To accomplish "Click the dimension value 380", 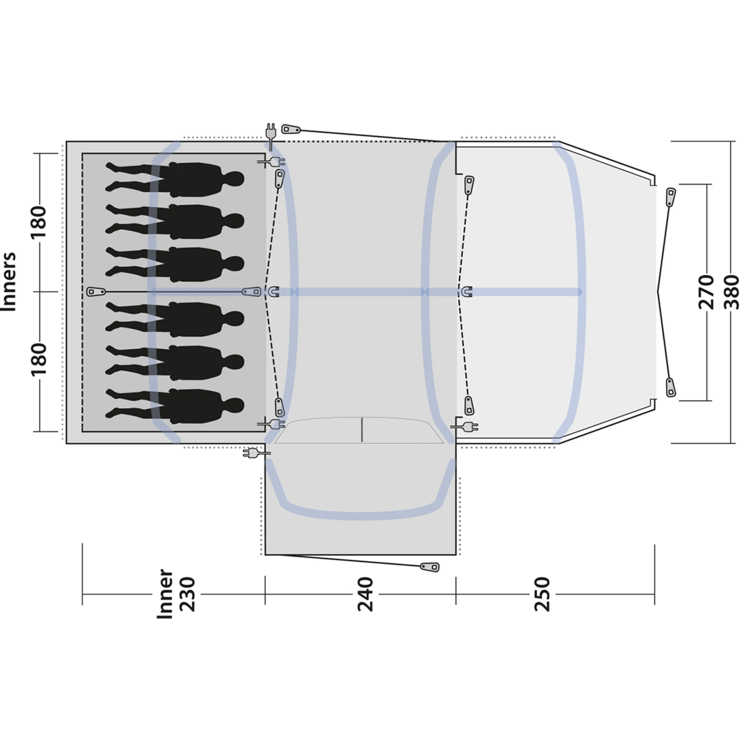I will coord(732,292).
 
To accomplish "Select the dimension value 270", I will coord(707,292).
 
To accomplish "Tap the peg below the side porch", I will coord(430,567).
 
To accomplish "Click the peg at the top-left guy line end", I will coord(291,129).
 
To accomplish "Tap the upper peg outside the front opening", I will coord(670,197).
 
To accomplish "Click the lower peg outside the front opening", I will coord(671,387).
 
